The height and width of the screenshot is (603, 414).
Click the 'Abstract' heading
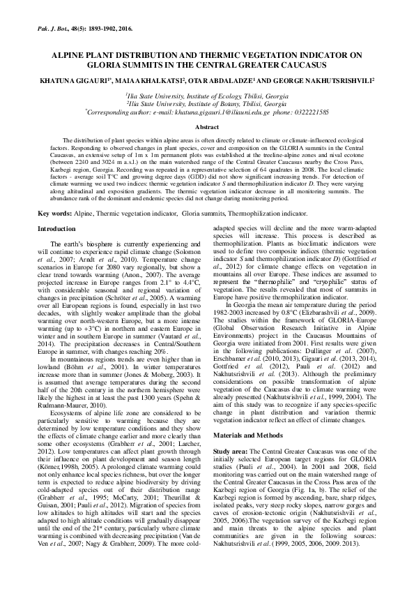click(206, 128)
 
